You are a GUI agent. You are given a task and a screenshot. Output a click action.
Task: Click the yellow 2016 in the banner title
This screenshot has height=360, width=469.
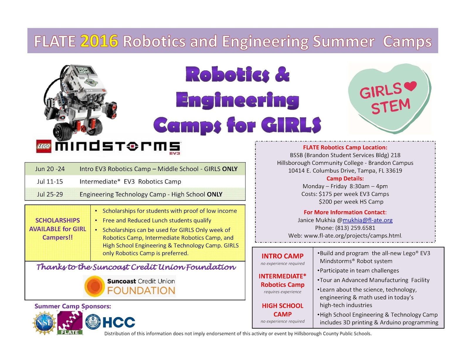(x=99, y=41)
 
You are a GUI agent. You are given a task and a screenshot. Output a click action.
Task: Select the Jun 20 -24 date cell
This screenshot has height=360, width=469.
(x=50, y=169)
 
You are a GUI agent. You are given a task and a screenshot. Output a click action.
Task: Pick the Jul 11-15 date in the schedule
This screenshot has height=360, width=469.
(x=50, y=181)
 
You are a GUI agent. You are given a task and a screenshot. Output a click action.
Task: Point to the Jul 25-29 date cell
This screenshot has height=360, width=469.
(x=50, y=194)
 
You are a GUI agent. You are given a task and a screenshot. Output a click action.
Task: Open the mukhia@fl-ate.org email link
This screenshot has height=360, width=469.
(x=367, y=220)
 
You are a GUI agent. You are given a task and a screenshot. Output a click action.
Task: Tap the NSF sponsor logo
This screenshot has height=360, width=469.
(x=44, y=323)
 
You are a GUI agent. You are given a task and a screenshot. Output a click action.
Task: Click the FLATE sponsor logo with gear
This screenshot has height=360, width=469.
(x=70, y=323)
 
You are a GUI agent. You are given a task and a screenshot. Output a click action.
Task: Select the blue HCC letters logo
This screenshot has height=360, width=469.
(x=119, y=322)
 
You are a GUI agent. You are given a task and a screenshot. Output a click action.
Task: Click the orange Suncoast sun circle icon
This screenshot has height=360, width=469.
(x=94, y=286)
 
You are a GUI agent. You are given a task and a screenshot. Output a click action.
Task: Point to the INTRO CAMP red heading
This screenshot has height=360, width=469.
(x=282, y=256)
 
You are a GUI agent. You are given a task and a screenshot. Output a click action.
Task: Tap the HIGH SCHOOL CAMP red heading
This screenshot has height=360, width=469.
(x=282, y=310)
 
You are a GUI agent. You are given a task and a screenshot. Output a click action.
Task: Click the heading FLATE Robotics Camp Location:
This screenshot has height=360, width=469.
(x=345, y=147)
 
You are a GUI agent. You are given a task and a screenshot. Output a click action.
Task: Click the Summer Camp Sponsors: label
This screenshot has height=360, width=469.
(x=73, y=306)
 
